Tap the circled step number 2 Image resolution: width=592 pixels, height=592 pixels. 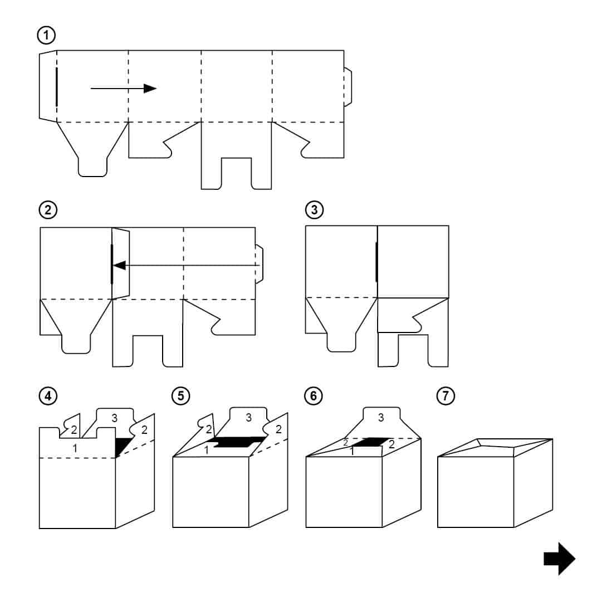[x=46, y=211]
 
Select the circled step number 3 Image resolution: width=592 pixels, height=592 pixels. [x=314, y=211]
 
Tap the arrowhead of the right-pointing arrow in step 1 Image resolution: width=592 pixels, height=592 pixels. [x=149, y=88]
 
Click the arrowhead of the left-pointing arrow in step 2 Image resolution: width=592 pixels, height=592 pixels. [x=119, y=266]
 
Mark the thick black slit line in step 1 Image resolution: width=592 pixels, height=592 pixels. [x=56, y=86]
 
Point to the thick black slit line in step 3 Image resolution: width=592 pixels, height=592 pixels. [x=377, y=261]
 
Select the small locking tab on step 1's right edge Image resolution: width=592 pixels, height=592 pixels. [x=348, y=87]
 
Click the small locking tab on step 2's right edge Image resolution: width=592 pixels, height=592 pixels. [x=260, y=265]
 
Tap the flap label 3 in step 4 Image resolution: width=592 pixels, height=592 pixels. [x=114, y=418]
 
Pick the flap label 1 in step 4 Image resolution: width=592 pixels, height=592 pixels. [x=76, y=447]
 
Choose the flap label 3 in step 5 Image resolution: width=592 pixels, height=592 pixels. [x=248, y=417]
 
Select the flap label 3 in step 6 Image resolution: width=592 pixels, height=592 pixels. [x=381, y=417]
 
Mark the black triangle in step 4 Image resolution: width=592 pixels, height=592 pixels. [x=123, y=446]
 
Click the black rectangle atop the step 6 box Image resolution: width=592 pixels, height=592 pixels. [x=369, y=442]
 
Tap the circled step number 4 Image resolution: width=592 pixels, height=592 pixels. [x=46, y=396]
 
